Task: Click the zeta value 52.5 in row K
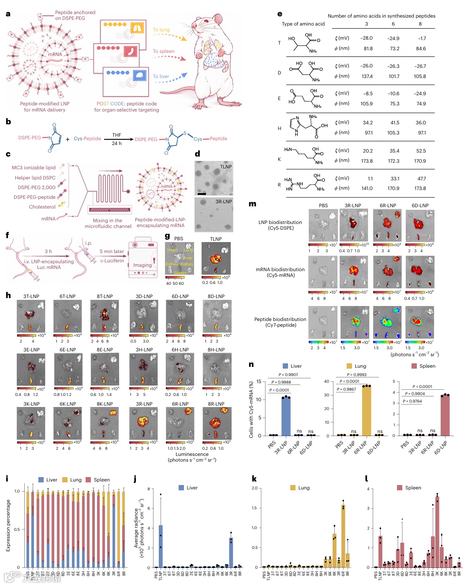point(421,151)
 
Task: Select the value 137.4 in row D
point(367,76)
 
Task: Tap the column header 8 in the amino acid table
point(420,24)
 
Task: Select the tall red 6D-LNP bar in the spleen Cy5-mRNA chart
point(445,414)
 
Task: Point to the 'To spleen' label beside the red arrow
point(164,51)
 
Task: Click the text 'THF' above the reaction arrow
point(116,135)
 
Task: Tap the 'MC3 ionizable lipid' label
point(34,168)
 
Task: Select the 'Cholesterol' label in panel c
point(42,207)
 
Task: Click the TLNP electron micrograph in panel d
point(213,178)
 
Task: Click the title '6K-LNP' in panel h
point(68,404)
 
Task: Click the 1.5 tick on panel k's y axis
point(254,508)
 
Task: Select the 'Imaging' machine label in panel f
point(142,265)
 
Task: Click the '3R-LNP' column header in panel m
point(353,205)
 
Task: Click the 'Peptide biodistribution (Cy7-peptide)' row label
point(280,322)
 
